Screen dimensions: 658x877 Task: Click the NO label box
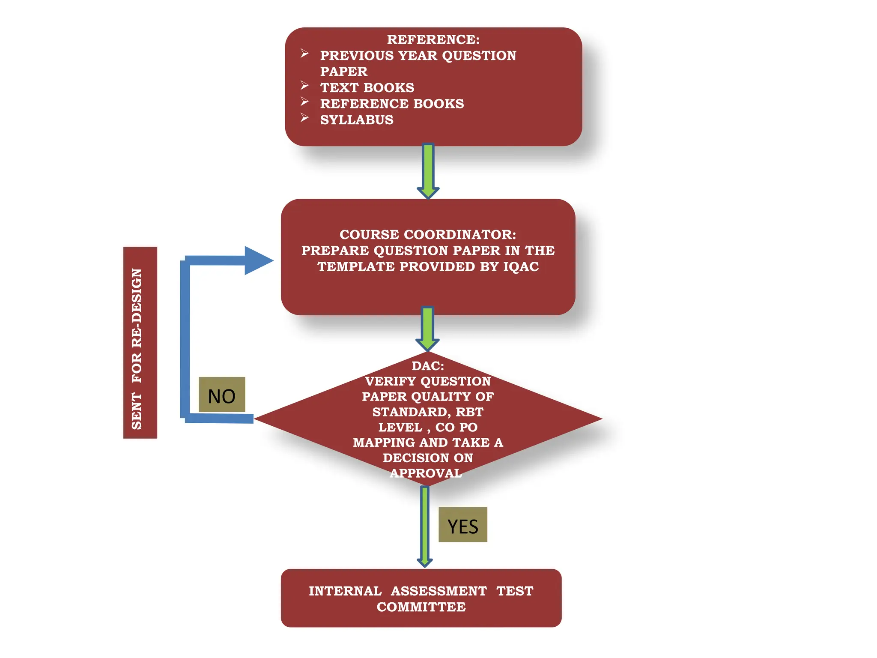point(222,395)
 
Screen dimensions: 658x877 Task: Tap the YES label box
point(462,525)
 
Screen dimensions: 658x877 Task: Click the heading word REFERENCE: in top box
point(433,39)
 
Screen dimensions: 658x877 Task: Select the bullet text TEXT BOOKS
point(367,87)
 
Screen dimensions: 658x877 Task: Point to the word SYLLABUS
point(356,120)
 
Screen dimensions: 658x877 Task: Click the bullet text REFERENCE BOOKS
point(392,104)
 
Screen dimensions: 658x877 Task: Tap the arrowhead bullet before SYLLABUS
point(304,118)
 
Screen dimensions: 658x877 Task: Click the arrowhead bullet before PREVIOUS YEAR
point(304,54)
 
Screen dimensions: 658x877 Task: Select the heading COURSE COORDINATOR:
point(427,234)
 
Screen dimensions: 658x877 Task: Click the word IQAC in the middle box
point(521,266)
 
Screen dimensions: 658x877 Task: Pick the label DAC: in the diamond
point(427,366)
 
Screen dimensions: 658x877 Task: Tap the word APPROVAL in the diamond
point(426,473)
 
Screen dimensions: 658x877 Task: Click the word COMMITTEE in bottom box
point(421,607)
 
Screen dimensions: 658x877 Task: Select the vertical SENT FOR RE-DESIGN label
point(140,343)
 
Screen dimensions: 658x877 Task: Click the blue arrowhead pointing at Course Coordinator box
point(258,260)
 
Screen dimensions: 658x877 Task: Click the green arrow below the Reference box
point(428,170)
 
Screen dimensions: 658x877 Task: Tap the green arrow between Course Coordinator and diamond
point(427,328)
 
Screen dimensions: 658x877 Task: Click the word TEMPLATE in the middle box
point(356,266)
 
